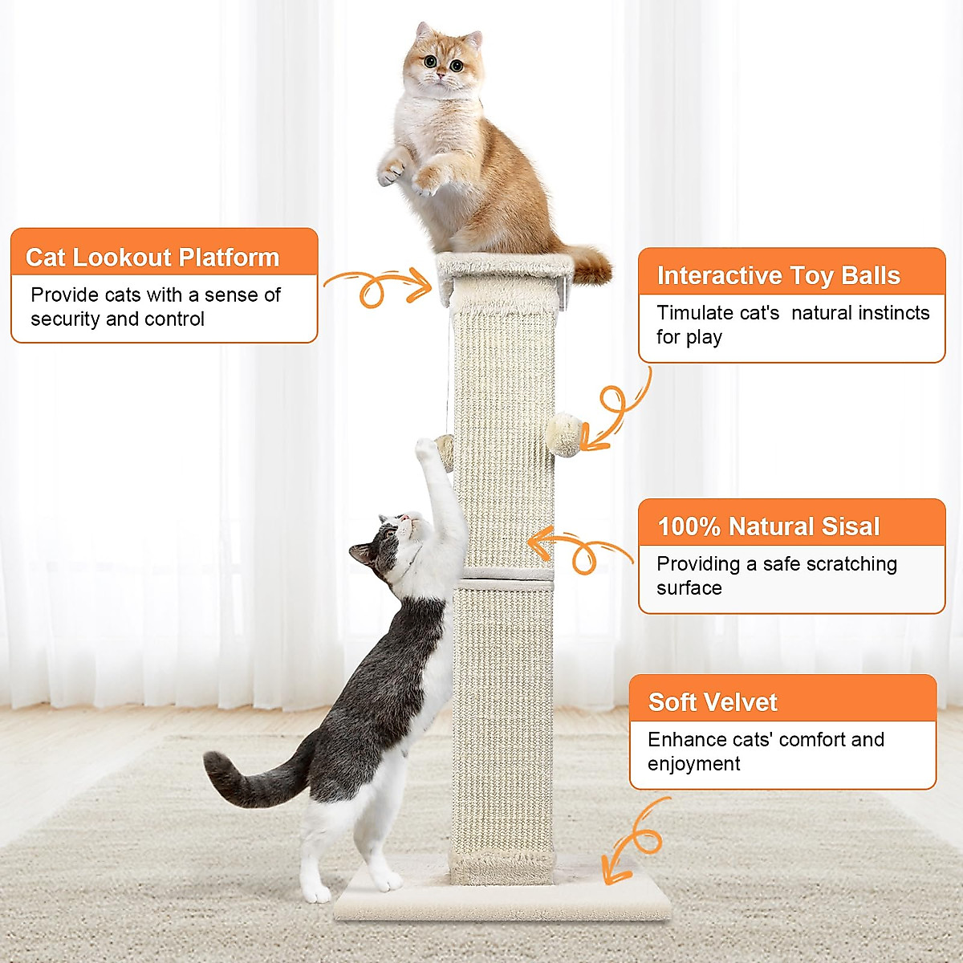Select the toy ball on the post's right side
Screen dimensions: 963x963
point(563,434)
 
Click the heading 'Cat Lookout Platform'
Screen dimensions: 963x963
point(152,258)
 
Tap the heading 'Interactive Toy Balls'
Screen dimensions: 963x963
point(778,275)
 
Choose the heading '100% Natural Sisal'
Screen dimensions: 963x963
point(769,526)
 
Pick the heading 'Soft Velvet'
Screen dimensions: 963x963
point(713,702)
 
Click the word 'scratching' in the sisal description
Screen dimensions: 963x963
point(851,564)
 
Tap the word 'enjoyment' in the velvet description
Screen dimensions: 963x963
point(693,764)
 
